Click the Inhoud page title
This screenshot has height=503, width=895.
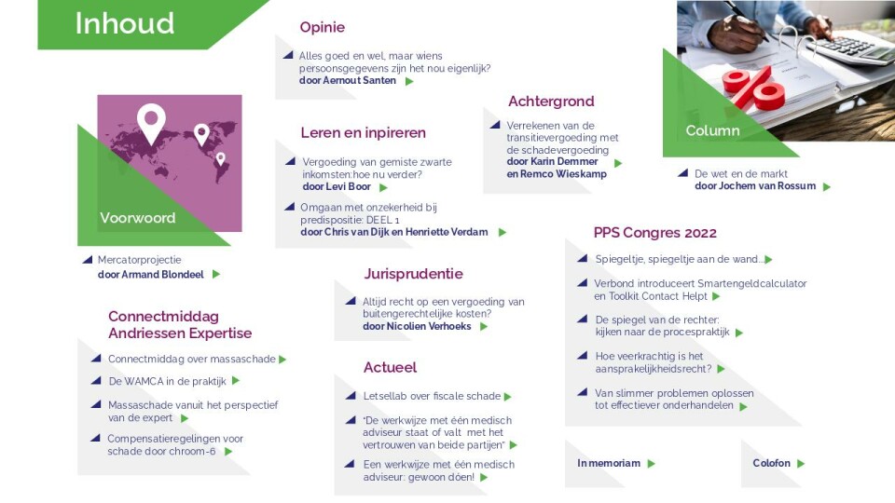tap(124, 23)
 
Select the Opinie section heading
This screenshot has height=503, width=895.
tap(322, 27)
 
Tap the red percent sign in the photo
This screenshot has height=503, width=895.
tap(753, 89)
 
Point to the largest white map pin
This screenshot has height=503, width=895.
tap(151, 124)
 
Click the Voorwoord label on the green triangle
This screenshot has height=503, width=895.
tap(138, 218)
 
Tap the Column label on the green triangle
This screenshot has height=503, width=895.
tap(712, 130)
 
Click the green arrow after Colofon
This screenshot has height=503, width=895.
tap(800, 464)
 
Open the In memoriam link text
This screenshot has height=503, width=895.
tap(609, 463)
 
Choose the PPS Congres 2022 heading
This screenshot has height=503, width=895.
tap(654, 233)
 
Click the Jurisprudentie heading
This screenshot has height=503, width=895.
tap(413, 274)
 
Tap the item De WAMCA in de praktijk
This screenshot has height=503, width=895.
tap(167, 381)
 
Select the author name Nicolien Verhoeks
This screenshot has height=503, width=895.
tap(429, 326)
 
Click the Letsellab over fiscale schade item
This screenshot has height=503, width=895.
tap(432, 396)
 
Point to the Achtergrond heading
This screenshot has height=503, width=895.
tap(551, 102)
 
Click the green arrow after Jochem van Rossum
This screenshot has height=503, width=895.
tap(827, 186)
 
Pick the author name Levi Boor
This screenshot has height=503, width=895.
tap(348, 186)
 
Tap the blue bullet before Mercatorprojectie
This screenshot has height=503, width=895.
tap(88, 260)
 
